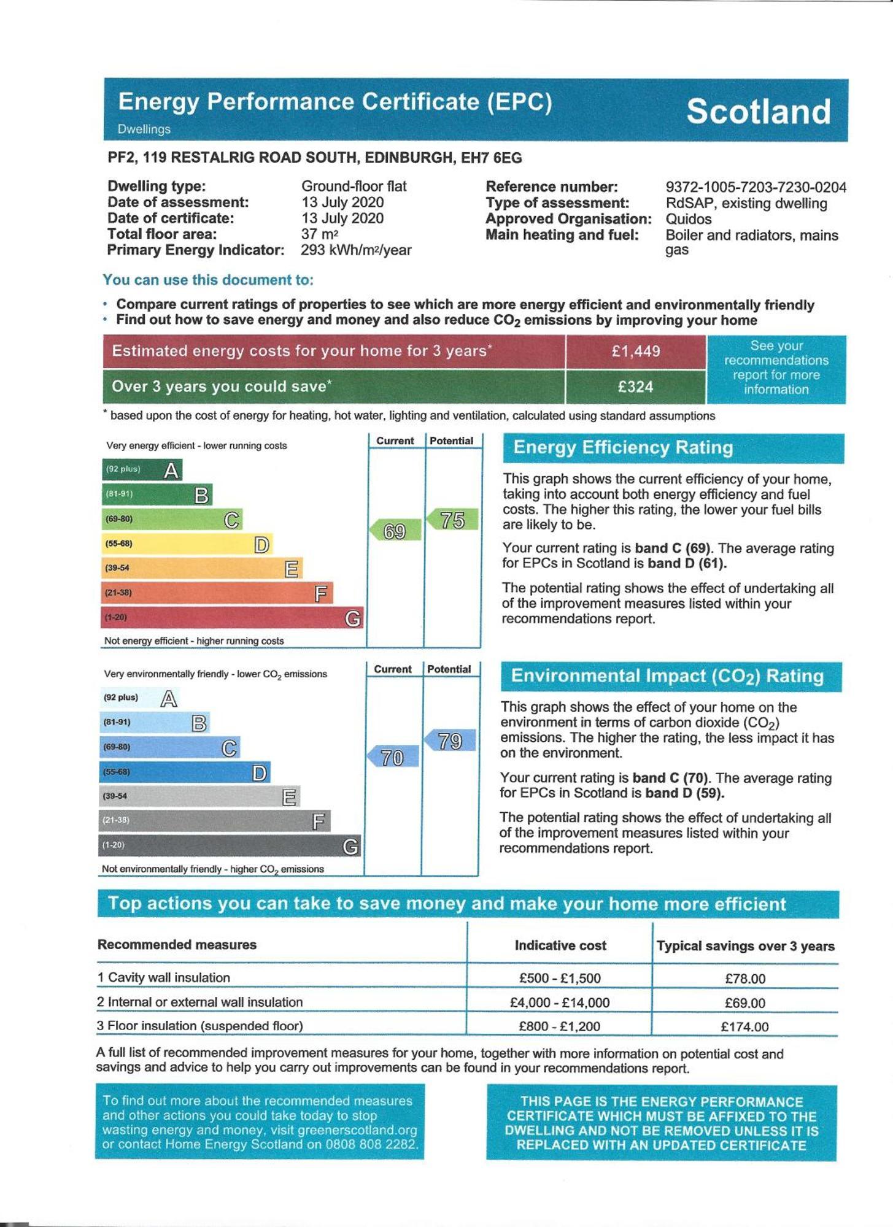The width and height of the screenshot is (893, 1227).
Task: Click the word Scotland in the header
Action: point(758,112)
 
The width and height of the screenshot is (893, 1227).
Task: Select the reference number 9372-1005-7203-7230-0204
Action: point(756,187)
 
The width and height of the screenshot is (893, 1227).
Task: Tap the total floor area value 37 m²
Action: point(319,234)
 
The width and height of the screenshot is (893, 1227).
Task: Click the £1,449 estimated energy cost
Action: point(635,351)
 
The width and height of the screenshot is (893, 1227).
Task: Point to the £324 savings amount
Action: point(635,387)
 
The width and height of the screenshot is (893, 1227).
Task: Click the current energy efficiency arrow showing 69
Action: point(396,531)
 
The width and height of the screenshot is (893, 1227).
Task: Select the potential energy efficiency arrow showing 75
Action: point(453,520)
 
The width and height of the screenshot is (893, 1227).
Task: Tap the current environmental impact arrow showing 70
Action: point(393,757)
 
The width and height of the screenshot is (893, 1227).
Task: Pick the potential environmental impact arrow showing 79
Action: point(450,740)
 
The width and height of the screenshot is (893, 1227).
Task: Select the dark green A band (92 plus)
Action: point(142,470)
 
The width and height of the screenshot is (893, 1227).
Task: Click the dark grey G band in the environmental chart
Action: point(230,846)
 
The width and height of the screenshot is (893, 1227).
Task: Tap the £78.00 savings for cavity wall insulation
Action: point(744,979)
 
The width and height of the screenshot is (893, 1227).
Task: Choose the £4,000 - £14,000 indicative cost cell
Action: point(559,1002)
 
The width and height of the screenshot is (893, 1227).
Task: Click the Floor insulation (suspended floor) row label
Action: point(199,1026)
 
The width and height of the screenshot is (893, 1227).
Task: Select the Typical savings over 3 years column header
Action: point(745,946)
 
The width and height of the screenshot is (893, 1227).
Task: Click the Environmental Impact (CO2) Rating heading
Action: point(667,676)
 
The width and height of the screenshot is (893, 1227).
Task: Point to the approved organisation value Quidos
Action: point(688,219)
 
